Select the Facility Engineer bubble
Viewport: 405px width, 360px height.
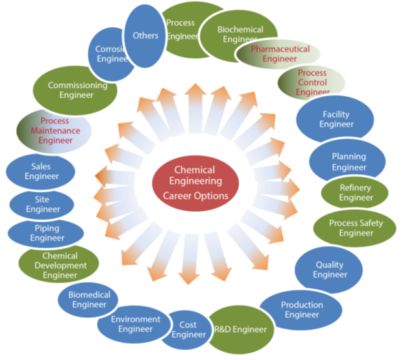click(336, 119)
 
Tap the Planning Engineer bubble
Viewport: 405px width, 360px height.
click(348, 161)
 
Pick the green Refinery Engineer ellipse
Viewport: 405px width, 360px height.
click(355, 193)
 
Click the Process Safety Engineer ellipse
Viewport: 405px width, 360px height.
click(355, 228)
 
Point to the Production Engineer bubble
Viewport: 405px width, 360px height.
click(301, 309)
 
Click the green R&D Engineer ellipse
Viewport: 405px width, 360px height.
click(239, 329)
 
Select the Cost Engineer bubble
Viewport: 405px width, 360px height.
click(188, 329)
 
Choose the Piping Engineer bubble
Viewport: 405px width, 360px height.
click(46, 233)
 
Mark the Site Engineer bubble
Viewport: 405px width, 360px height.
click(42, 204)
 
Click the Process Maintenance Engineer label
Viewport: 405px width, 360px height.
click(55, 131)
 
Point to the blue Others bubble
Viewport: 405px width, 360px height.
click(144, 35)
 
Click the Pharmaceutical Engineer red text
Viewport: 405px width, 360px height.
click(280, 53)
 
